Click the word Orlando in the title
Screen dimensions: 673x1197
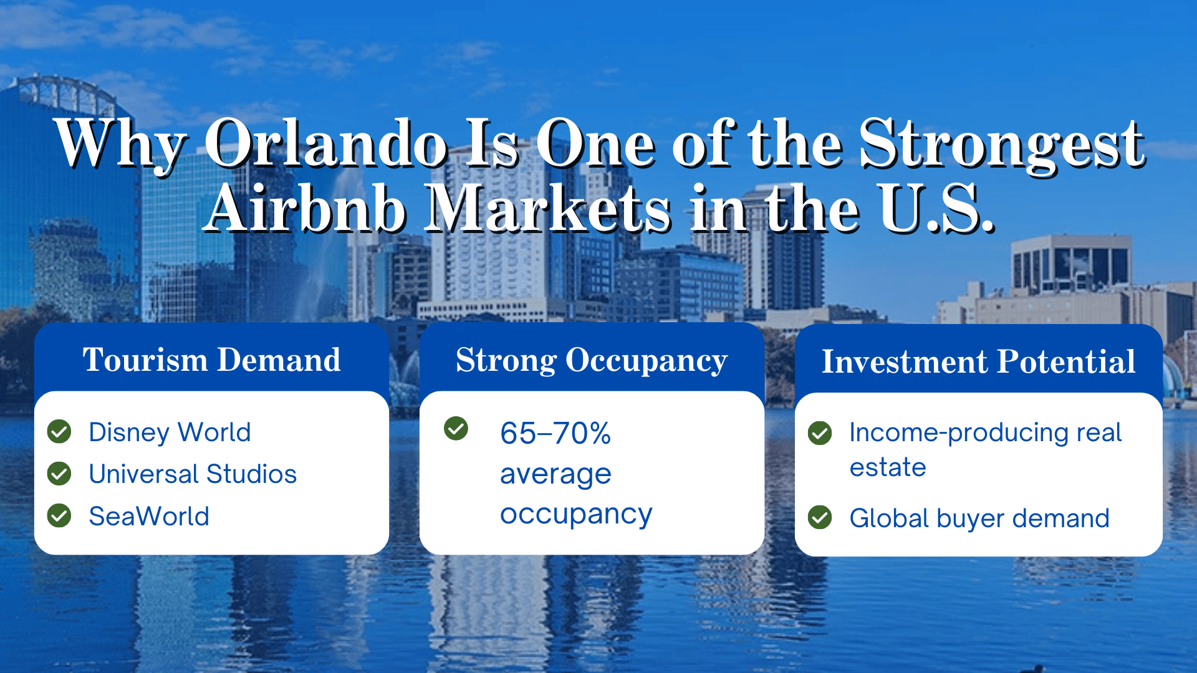pyautogui.click(x=325, y=145)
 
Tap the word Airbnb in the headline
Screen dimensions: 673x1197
pyautogui.click(x=305, y=209)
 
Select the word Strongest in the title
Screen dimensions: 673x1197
pyautogui.click(x=1001, y=145)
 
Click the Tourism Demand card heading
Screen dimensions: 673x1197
pyautogui.click(x=211, y=360)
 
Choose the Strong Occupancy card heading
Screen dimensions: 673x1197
pyautogui.click(x=591, y=360)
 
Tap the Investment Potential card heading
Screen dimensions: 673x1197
pyautogui.click(x=978, y=362)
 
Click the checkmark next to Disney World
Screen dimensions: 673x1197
pyautogui.click(x=60, y=431)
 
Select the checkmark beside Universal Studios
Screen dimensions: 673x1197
pyautogui.click(x=60, y=474)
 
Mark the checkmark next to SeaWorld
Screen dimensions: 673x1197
pyautogui.click(x=60, y=515)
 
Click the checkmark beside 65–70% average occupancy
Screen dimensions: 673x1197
pyautogui.click(x=456, y=428)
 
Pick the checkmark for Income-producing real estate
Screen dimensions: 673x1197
pyautogui.click(x=819, y=433)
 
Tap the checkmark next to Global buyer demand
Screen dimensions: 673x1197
pyautogui.click(x=819, y=517)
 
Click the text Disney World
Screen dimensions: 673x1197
pyautogui.click(x=170, y=432)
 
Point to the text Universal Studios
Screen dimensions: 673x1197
pyautogui.click(x=193, y=474)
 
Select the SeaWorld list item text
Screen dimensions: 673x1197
pyautogui.click(x=149, y=517)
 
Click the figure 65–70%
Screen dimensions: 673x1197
pyautogui.click(x=555, y=433)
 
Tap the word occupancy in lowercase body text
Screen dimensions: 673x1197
pyautogui.click(x=575, y=515)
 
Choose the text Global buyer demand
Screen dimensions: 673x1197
pyautogui.click(x=979, y=518)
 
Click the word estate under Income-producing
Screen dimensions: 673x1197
pyautogui.click(x=887, y=467)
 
